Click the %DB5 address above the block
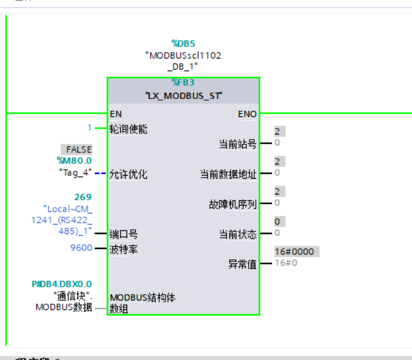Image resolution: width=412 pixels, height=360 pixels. point(183,43)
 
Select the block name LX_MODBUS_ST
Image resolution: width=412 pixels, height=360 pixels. point(184,96)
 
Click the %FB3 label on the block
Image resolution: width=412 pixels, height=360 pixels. point(183,82)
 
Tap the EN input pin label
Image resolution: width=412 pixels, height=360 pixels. point(116,114)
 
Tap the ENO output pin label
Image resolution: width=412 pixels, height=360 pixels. point(247,114)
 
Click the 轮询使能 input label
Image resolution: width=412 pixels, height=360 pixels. point(128,128)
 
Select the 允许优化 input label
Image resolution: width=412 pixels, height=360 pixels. point(128,174)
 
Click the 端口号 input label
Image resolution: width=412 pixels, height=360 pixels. point(123,233)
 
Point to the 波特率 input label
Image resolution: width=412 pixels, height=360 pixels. point(123,248)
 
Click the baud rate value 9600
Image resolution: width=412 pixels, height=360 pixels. point(81,248)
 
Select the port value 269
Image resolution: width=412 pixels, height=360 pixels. point(82,197)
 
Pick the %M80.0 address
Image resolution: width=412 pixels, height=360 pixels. point(74,161)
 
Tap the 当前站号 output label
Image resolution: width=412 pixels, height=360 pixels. point(238,143)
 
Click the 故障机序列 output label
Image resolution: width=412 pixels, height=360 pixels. point(233,204)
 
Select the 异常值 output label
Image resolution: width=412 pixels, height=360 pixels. point(242,264)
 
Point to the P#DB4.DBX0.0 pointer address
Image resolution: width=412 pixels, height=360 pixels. point(62,284)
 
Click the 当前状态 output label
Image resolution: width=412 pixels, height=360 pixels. point(238,233)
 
